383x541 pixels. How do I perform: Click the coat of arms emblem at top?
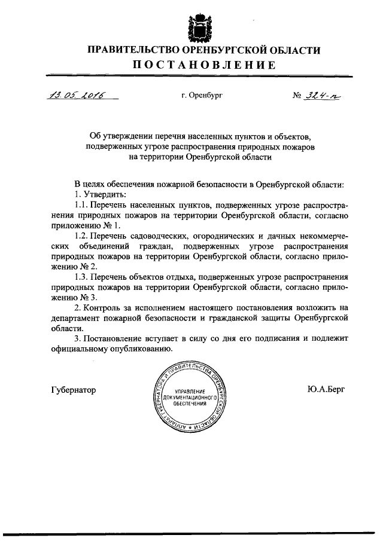(197, 27)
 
